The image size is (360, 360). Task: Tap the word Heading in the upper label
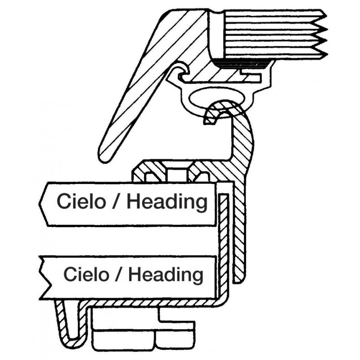[166, 202]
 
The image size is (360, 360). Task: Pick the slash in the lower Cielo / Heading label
[120, 274]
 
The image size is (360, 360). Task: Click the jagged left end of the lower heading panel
[43, 277]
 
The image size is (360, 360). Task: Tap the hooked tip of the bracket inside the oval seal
[210, 117]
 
